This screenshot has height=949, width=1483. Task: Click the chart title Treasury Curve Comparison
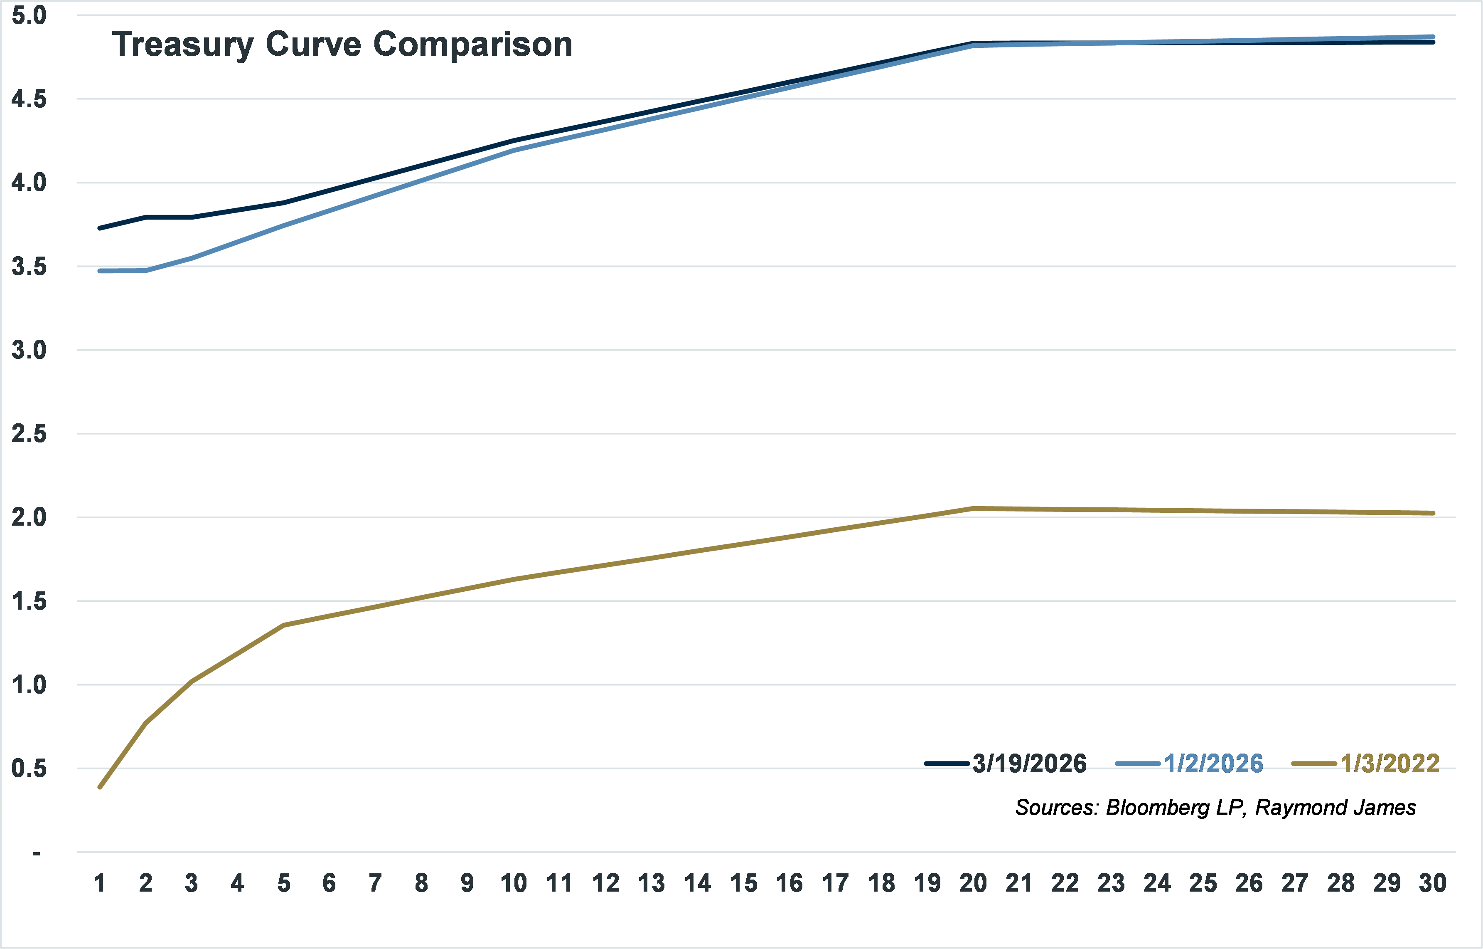342,44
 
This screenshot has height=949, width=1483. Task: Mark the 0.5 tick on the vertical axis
29,769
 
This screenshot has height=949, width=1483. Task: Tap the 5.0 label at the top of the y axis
29,15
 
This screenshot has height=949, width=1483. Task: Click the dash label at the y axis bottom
36,853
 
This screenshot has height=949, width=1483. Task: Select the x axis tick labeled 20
973,883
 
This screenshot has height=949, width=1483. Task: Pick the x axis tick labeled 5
283,883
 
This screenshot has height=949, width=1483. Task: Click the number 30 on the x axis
1432,883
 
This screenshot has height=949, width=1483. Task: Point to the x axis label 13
651,883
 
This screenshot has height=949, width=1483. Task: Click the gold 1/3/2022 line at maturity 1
100,787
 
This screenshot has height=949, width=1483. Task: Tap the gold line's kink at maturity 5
283,625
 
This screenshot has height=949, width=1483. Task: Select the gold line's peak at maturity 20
973,508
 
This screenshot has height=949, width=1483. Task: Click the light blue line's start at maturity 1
100,271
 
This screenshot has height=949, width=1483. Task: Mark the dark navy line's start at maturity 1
100,228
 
